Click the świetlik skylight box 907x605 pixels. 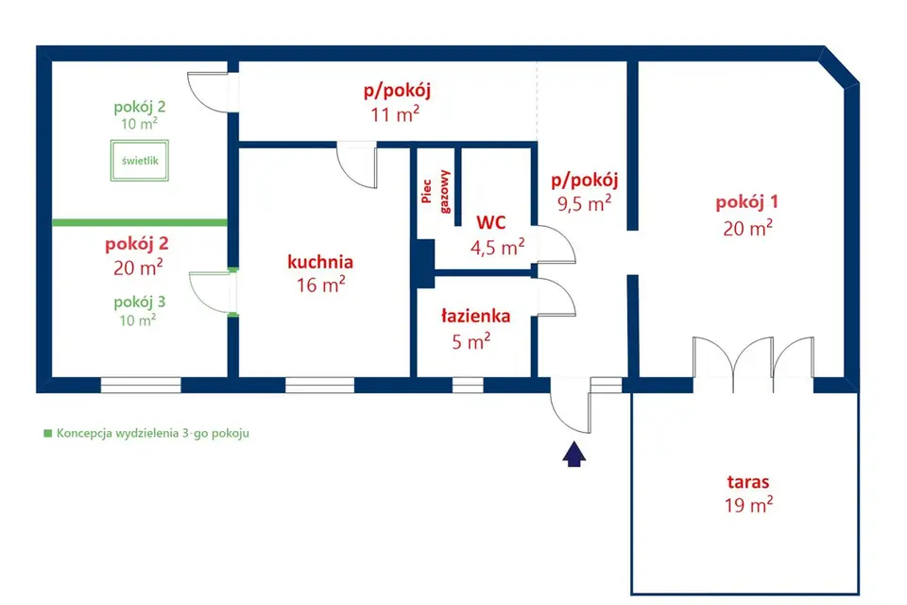coord(140,161)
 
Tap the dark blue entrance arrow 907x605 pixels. coord(573,454)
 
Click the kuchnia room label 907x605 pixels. coord(320,262)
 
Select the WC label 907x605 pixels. coord(491,222)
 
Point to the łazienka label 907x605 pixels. coord(475,316)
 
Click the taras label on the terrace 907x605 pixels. coord(748,482)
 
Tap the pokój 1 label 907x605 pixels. coord(746,202)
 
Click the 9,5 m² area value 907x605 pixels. coord(584,203)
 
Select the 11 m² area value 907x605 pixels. coord(395,114)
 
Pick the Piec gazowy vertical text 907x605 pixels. coord(436,192)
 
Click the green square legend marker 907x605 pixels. coord(48,433)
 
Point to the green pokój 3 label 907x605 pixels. coord(140,302)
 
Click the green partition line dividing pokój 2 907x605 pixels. coord(140,222)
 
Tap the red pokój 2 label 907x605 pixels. coord(136,244)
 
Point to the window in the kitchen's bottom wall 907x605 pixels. coord(320,385)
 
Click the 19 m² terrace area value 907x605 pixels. coord(748,506)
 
